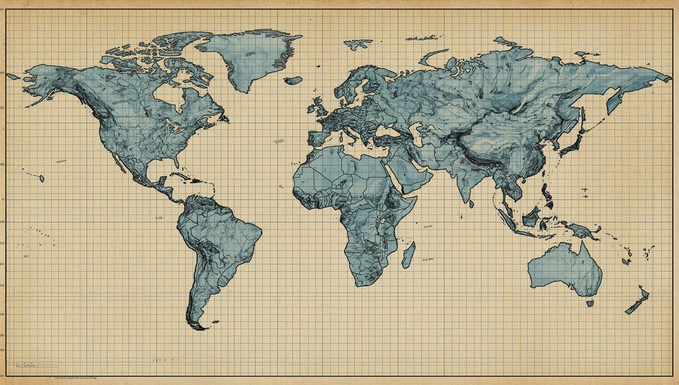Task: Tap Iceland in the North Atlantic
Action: [x=293, y=80]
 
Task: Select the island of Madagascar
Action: [x=408, y=255]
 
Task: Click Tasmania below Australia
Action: [x=590, y=303]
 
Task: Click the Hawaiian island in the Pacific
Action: [x=41, y=179]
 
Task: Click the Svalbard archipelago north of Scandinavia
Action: [x=358, y=45]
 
